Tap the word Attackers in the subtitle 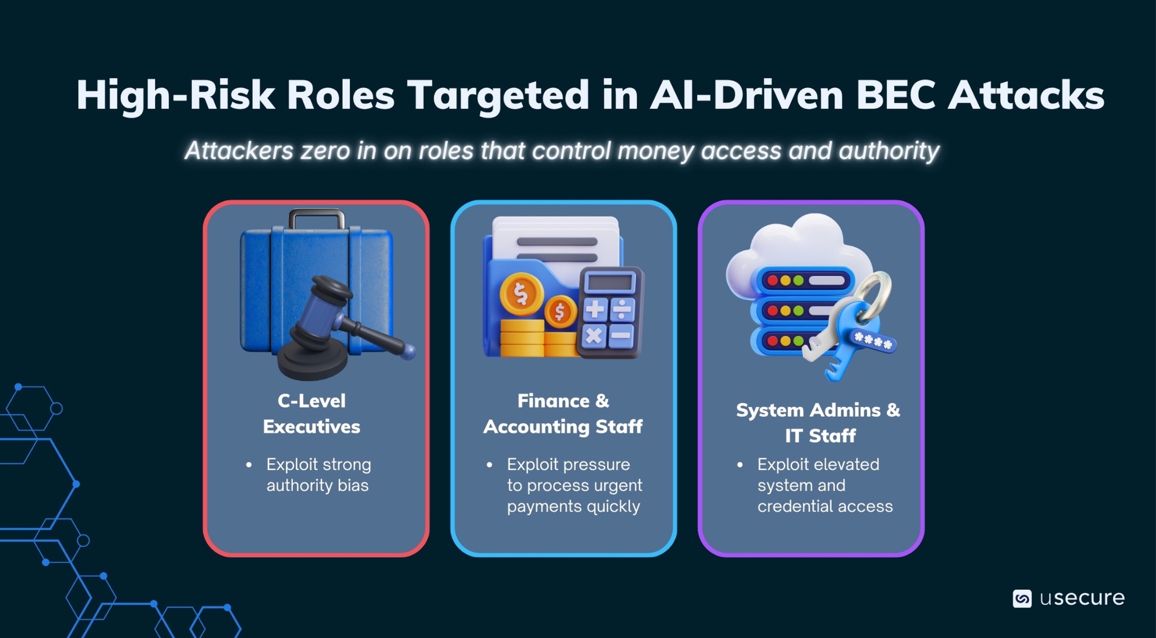pyautogui.click(x=239, y=151)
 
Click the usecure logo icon pyautogui.click(x=1022, y=599)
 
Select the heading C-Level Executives pyautogui.click(x=312, y=413)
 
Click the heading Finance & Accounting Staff pyautogui.click(x=563, y=413)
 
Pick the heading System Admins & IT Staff pyautogui.click(x=818, y=423)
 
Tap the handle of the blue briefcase pyautogui.click(x=316, y=217)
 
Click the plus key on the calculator pyautogui.click(x=595, y=309)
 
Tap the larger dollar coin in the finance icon pyautogui.click(x=520, y=293)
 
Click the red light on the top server pyautogui.click(x=772, y=280)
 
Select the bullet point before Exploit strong pyautogui.click(x=249, y=465)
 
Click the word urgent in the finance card pyautogui.click(x=616, y=485)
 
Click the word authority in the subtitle pyautogui.click(x=888, y=151)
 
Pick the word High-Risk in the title pyautogui.click(x=175, y=95)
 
